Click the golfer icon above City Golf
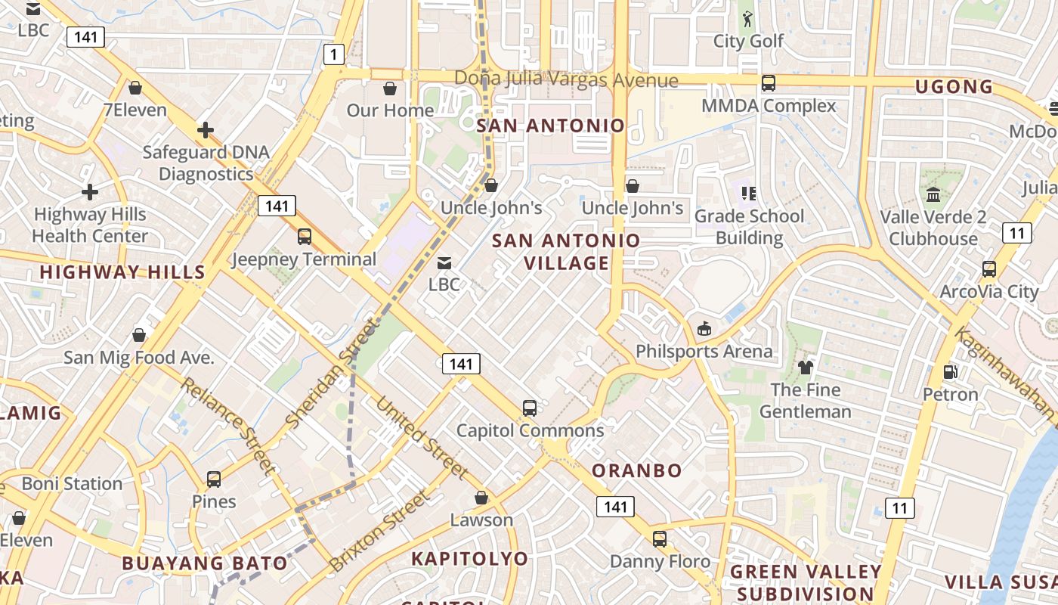point(748,18)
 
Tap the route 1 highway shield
point(333,54)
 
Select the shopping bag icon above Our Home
point(390,88)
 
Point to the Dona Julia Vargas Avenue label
point(566,79)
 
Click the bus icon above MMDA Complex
point(769,83)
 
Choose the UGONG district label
point(954,87)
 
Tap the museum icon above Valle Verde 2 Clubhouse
point(933,195)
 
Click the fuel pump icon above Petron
point(950,371)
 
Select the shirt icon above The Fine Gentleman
point(805,368)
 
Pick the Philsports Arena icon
point(704,328)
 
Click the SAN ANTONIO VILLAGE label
point(566,252)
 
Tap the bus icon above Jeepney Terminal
point(304,237)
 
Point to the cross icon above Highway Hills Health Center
point(90,192)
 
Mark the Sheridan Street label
point(331,374)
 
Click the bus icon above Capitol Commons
point(530,408)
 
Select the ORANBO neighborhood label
point(637,470)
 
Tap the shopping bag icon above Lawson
point(481,498)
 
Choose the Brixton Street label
point(379,531)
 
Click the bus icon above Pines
point(214,479)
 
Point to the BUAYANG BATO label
point(205,563)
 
